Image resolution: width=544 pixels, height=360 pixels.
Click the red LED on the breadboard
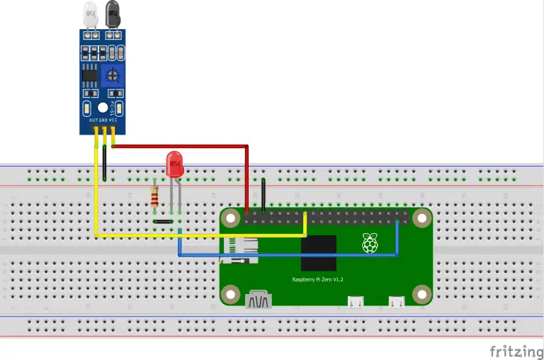(x=174, y=164)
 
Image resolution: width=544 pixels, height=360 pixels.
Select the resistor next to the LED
(x=155, y=195)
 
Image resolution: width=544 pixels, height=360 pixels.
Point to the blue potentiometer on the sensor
(x=112, y=74)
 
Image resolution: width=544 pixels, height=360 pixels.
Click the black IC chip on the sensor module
(x=90, y=75)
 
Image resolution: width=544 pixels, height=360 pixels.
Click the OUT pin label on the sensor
(x=93, y=121)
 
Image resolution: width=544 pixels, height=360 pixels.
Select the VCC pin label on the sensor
(x=113, y=121)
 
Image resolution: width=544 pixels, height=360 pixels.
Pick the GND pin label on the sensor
(x=103, y=121)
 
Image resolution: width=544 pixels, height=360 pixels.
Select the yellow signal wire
(x=198, y=235)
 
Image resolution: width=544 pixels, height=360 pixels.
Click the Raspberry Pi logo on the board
(x=369, y=242)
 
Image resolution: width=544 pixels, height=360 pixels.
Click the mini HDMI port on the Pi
(x=259, y=301)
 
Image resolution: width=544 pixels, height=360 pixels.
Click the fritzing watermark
(x=515, y=350)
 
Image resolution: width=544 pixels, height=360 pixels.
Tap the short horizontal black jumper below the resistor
(x=164, y=222)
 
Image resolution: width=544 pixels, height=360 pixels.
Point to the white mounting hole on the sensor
(x=103, y=108)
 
